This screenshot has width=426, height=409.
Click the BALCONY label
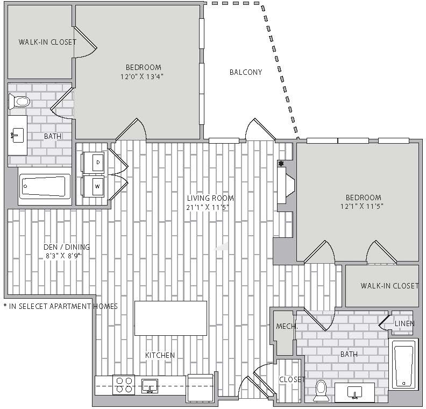246,72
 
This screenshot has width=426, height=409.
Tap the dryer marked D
94,163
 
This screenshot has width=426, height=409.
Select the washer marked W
94,186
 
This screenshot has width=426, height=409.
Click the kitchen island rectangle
171,318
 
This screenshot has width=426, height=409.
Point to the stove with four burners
124,385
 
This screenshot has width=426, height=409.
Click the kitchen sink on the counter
150,386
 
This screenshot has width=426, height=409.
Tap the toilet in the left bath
19,102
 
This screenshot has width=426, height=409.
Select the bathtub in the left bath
44,186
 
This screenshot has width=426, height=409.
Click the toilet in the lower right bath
321,391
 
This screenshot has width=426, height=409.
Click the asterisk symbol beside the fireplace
281,164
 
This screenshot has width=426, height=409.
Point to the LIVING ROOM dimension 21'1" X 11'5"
208,208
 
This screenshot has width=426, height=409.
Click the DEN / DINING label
67,247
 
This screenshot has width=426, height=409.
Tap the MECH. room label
287,326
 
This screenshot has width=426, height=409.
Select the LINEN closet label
404,323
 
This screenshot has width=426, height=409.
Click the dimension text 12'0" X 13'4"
142,76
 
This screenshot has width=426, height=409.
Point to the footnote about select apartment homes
61,306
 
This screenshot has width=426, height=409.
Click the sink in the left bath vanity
17,135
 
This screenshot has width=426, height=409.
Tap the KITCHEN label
160,355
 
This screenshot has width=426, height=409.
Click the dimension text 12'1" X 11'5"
361,207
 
